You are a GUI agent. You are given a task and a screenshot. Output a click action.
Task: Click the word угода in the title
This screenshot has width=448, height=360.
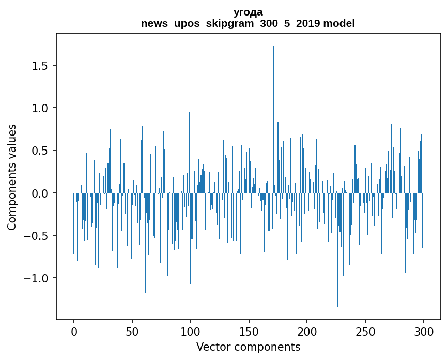tap(248, 12)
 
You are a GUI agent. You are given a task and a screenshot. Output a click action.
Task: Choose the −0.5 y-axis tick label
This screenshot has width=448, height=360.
tap(38, 236)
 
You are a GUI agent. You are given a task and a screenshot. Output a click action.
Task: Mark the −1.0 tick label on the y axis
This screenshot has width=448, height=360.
tap(38, 278)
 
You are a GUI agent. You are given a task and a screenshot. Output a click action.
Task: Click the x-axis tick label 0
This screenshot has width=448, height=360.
tap(74, 331)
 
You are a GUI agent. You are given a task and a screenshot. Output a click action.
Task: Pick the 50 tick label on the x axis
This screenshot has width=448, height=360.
tap(132, 331)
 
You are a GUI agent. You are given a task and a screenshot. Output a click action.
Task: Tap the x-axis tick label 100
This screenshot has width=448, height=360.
tap(191, 331)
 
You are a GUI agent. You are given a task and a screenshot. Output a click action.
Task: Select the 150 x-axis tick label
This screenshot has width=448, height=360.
tap(249, 331)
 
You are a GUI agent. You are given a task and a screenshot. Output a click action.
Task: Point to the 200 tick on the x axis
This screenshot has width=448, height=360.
tap(307, 331)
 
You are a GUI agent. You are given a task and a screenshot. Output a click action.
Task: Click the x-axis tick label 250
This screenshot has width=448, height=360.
tap(365, 331)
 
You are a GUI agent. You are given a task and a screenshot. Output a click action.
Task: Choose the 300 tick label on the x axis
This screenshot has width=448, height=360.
tap(424, 331)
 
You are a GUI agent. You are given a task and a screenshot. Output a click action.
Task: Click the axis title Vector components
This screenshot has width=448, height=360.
tap(248, 347)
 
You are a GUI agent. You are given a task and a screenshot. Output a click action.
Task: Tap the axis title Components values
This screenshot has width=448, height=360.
tap(12, 177)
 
